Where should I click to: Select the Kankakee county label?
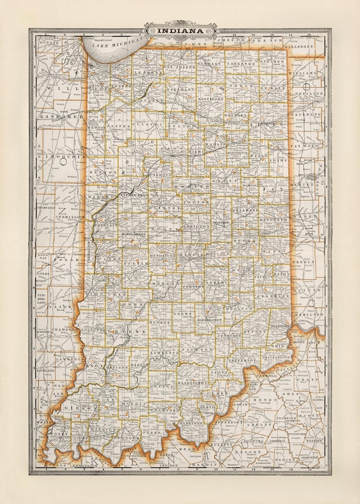(x=52, y=117)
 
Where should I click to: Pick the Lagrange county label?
(x=242, y=64)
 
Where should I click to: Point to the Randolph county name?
(x=273, y=219)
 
